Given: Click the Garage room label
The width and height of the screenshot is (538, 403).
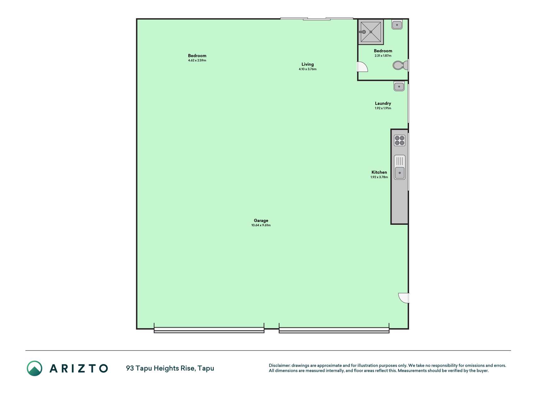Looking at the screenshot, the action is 261,220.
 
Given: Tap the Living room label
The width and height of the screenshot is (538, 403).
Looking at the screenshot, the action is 308,64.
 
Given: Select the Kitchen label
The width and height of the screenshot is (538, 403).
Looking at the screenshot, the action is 379,172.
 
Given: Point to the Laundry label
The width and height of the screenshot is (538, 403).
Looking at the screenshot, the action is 383,103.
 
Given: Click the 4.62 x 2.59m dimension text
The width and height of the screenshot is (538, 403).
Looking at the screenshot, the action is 197,60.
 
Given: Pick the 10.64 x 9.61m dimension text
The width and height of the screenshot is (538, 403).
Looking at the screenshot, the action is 261,225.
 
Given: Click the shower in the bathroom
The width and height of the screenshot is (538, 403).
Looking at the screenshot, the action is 371,31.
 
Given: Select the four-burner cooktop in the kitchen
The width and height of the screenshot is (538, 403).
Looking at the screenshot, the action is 400,140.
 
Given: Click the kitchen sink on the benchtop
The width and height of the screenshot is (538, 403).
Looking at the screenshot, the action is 400,167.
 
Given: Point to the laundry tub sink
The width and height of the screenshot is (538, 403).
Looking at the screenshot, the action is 399,86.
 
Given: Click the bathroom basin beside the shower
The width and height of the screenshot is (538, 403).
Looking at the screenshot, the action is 397,25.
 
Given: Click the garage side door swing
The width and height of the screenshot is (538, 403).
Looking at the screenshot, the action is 404,298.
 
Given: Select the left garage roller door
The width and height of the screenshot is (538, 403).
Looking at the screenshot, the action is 209,330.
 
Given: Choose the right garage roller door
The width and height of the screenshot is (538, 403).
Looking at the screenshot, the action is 334,330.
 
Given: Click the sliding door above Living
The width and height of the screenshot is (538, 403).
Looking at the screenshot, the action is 317,19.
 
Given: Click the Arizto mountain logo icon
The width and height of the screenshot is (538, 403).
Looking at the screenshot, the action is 34,368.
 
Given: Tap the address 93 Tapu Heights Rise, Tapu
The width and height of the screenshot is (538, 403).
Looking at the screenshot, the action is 170,368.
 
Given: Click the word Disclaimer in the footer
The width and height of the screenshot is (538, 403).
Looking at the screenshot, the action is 279,366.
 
